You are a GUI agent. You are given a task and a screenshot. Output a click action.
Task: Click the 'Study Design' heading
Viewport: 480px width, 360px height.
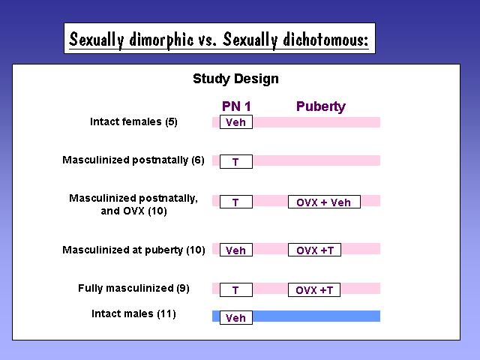coord(235,79)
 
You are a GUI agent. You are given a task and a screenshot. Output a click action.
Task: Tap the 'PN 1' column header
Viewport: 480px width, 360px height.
coord(236,106)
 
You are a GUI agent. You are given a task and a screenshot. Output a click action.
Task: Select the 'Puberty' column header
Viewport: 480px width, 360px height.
coord(321,106)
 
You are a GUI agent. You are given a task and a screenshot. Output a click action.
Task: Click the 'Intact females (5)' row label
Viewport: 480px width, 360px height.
coord(133,121)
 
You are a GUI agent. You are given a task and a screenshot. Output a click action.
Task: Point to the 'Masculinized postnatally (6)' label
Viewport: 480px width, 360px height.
coord(133,160)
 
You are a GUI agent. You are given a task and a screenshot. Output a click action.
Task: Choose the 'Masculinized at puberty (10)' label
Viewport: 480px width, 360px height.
coord(133,250)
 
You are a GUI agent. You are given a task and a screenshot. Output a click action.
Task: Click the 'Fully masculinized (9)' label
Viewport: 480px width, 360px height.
coord(133,288)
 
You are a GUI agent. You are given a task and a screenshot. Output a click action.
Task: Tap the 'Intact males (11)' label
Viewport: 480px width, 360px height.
coord(133,313)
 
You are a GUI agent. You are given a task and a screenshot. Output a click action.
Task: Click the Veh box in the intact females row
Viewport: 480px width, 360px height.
coord(236,122)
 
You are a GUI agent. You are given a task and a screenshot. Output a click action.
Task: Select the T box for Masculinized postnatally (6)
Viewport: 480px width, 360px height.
coord(236,162)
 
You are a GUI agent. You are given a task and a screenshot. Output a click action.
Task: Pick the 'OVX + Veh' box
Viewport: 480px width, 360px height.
coord(324,202)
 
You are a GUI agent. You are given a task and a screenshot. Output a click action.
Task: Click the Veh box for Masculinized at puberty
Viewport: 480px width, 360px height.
coord(236,250)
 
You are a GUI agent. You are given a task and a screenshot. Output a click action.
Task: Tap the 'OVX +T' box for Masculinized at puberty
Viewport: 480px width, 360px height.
coord(314,250)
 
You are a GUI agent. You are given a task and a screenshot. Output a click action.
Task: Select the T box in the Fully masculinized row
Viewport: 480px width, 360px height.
coord(236,290)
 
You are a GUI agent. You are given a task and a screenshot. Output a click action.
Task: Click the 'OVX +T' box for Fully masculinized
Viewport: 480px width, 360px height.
coord(314,290)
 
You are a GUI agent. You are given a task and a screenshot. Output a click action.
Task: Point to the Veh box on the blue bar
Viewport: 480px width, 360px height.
coord(236,318)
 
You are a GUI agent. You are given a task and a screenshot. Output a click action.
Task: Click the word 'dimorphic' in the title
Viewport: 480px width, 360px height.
coord(161,40)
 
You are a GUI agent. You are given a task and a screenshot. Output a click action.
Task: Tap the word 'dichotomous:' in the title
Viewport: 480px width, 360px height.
coord(325,39)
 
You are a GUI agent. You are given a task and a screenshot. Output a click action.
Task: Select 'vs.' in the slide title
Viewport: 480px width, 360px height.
coord(208,40)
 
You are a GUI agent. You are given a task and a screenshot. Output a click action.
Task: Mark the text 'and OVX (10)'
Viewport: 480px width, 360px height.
coord(133,211)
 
